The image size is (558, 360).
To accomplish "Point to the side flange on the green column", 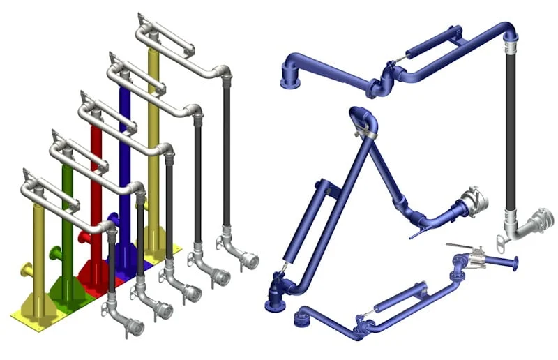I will pyautogui.click(x=55, y=253).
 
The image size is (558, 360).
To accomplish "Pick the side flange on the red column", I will pyautogui.click(x=84, y=237).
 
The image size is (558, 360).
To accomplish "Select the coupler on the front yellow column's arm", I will pyautogui.click(x=130, y=325).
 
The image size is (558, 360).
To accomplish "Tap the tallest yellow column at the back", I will pyautogui.click(x=153, y=140).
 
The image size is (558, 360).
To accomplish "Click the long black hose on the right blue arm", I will pyautogui.click(x=511, y=133).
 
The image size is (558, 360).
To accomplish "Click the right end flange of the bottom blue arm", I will pyautogui.click(x=515, y=264).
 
